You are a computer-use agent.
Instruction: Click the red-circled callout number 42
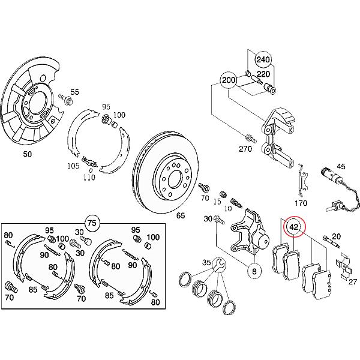pyautogui.click(x=295, y=227)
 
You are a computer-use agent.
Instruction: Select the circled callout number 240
pyautogui.click(x=263, y=60)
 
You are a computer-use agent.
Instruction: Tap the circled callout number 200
pyautogui.click(x=229, y=80)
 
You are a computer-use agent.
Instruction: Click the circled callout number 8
pyautogui.click(x=254, y=271)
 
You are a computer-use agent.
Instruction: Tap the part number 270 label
pyautogui.click(x=247, y=148)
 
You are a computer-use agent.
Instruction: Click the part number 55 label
pyautogui.click(x=74, y=92)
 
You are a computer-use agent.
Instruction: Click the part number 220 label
pyautogui.click(x=262, y=75)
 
